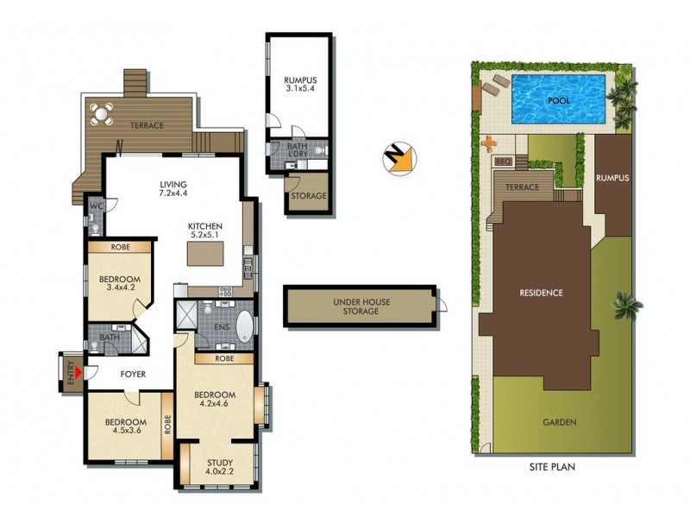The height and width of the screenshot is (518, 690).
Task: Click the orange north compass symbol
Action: coord(398,158)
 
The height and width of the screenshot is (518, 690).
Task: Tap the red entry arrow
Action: coord(78,373)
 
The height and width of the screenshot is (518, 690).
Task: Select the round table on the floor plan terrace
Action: coord(102,112)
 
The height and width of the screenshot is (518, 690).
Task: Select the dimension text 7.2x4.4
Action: coord(174,194)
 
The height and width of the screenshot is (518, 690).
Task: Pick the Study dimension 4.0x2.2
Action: coord(219,471)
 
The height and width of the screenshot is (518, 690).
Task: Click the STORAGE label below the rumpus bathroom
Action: coord(308,196)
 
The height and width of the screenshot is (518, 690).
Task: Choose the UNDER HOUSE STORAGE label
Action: coord(356,306)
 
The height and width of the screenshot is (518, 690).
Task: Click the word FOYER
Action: coord(133,375)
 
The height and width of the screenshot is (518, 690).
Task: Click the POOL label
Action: coord(559,100)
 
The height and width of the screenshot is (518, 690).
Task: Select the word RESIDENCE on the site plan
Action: coord(541,293)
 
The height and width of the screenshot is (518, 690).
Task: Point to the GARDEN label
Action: coord(559,422)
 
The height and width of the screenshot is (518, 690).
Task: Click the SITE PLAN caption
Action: coord(552,467)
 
